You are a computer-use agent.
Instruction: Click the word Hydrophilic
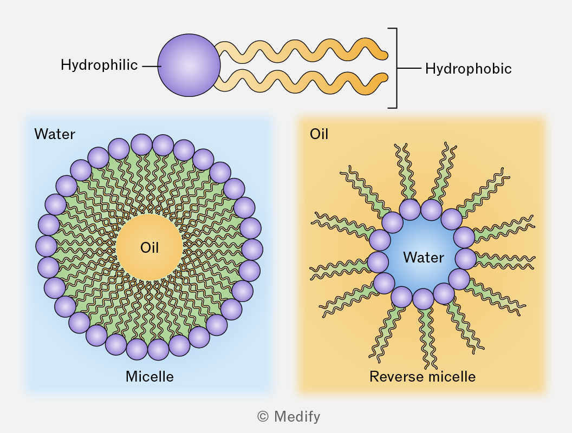99,65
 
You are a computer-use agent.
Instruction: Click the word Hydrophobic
469,69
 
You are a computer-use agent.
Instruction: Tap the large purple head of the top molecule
189,65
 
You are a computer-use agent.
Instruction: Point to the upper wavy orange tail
301,50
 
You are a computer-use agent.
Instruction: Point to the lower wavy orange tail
301,82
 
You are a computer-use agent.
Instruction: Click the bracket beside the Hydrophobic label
396,68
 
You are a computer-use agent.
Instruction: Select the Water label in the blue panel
55,134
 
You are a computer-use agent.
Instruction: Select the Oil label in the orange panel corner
319,134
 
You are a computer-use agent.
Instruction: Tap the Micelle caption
149,377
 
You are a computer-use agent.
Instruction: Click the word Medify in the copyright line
297,416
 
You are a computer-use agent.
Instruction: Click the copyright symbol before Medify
263,416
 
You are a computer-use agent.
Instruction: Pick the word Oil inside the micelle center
149,247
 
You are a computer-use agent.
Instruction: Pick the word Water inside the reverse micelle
424,257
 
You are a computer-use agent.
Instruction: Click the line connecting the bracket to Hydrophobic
409,68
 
